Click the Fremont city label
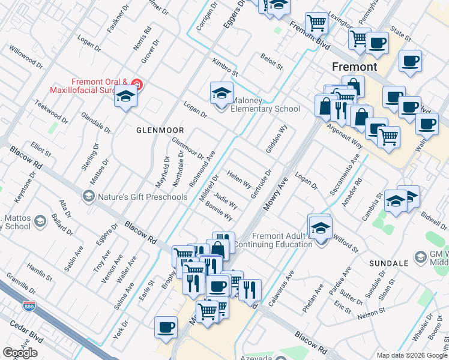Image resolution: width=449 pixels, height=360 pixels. (355, 67)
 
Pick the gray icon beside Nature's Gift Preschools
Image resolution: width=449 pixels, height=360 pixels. (88, 196)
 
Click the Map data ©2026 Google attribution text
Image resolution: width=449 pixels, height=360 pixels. (412, 355)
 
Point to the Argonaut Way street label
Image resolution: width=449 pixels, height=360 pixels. (345, 136)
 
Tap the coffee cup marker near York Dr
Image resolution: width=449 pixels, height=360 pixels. (166, 328)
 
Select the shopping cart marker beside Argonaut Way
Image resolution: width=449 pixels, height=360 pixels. (388, 136)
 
